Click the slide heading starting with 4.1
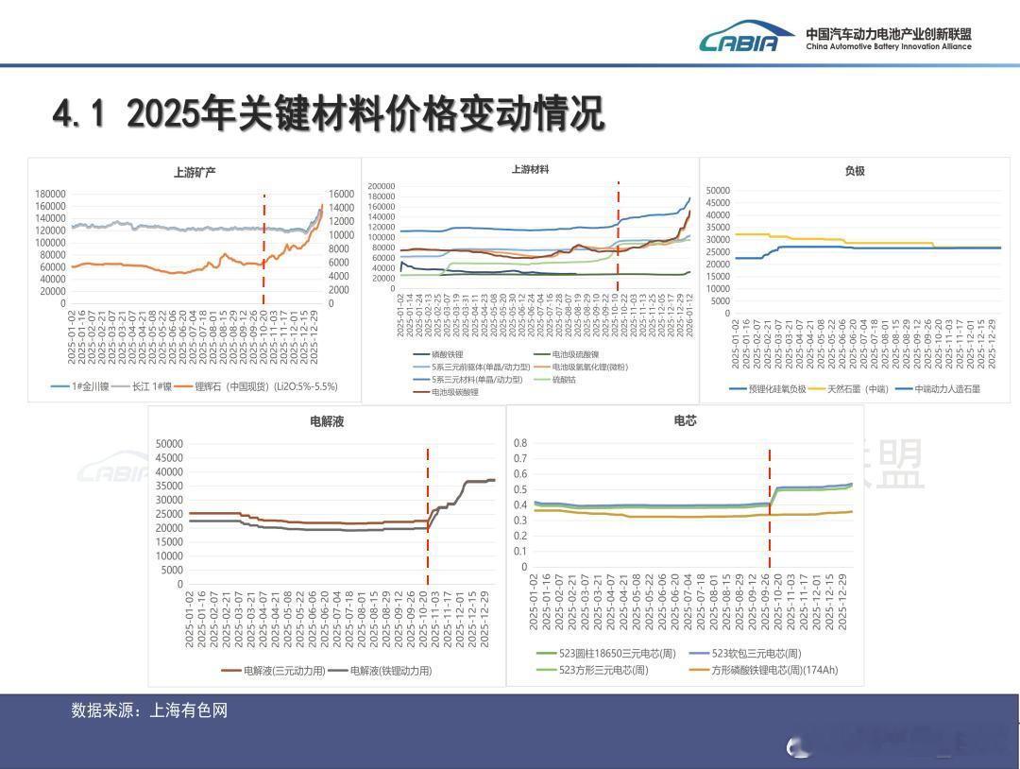tap(328, 114)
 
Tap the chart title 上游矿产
tap(195, 172)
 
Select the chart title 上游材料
tap(530, 170)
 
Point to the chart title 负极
tap(855, 171)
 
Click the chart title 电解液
tap(327, 421)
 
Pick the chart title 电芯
tap(685, 421)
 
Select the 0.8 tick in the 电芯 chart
tap(519, 443)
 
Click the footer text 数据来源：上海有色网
tap(149, 710)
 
